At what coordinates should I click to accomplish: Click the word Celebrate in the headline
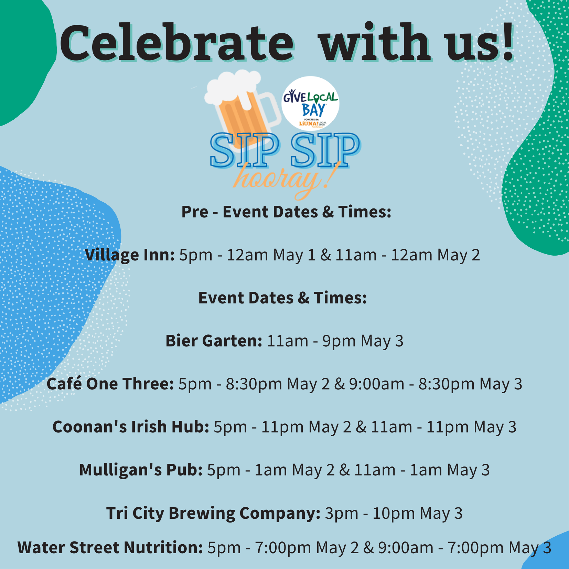coord(178,43)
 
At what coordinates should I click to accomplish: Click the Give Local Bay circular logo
coord(310,103)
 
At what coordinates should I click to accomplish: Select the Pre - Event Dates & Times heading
coord(286,212)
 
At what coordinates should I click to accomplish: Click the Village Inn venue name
coord(130,255)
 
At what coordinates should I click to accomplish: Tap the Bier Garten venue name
coord(214,341)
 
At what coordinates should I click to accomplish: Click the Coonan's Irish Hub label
coord(131,427)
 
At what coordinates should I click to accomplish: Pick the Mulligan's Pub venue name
coord(141,470)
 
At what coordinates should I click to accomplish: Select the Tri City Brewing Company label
coord(213,513)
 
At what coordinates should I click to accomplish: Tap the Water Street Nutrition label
coord(110,547)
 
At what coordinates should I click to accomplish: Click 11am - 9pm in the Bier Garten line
coord(307,341)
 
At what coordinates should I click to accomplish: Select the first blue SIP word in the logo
coord(244,150)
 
